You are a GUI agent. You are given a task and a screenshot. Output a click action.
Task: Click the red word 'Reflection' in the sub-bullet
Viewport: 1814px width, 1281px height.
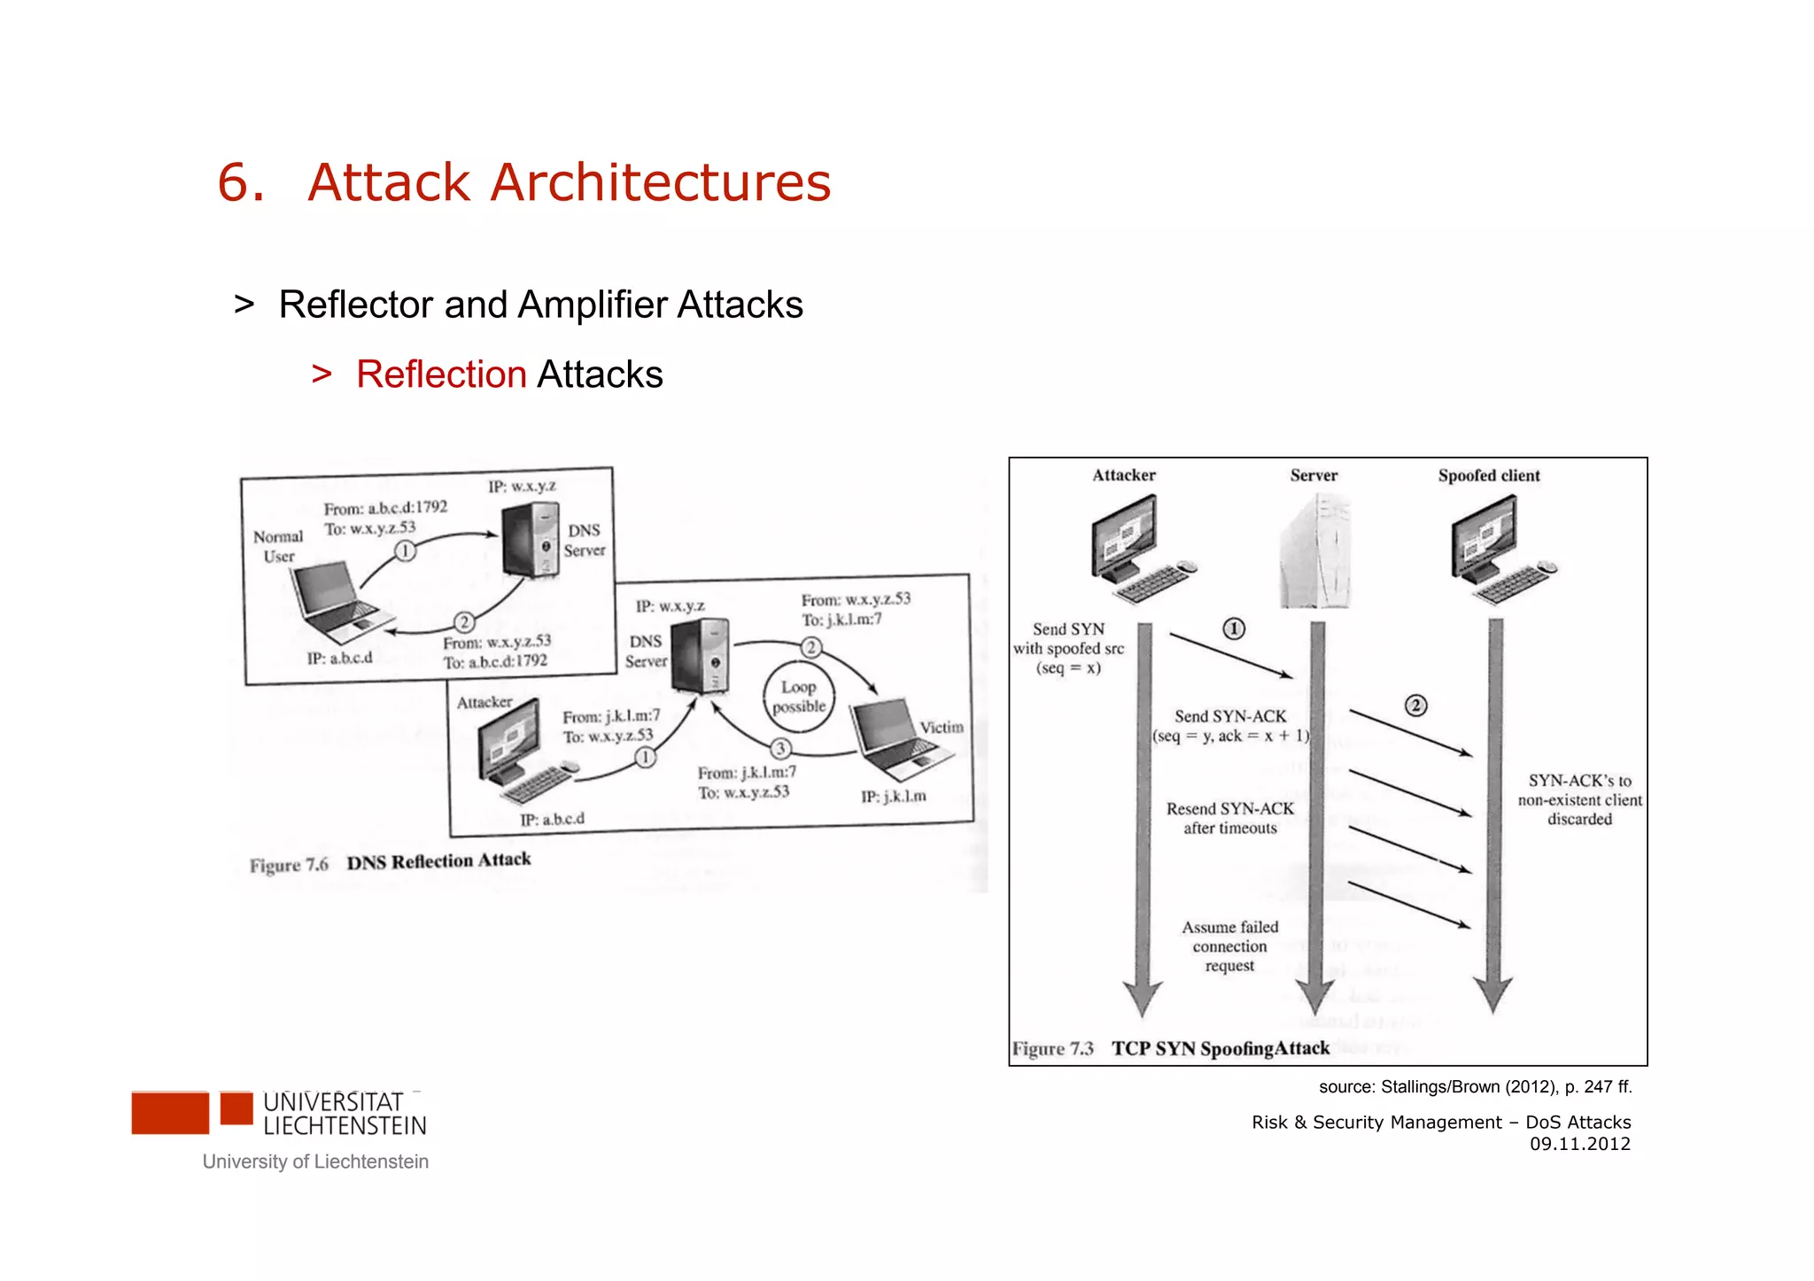[x=441, y=374]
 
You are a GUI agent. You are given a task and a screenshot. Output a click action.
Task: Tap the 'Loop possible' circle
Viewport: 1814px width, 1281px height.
[x=798, y=697]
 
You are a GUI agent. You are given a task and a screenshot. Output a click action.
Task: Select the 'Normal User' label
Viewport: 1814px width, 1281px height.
[x=278, y=546]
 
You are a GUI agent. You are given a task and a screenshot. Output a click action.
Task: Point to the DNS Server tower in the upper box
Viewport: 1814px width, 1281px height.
[x=531, y=540]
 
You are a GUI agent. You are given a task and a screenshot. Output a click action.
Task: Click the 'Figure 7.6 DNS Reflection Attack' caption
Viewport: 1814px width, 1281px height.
[x=390, y=862]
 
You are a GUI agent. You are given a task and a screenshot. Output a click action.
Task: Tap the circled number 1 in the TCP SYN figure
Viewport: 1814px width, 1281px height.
[x=1234, y=629]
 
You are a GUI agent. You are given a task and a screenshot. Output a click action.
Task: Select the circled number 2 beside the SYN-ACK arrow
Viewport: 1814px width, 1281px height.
[x=1416, y=706]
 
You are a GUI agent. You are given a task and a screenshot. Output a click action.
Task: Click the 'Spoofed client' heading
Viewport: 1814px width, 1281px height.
[x=1489, y=475]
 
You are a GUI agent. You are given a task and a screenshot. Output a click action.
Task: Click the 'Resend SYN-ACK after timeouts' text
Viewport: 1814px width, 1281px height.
[x=1229, y=818]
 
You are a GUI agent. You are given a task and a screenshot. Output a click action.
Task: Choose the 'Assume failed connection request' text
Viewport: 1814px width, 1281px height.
[x=1229, y=946]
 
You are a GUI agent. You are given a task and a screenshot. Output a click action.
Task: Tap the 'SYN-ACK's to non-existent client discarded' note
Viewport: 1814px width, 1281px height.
[x=1579, y=799]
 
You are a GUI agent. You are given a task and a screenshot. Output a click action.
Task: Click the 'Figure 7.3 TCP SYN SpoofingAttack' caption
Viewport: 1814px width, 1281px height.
[x=1171, y=1048]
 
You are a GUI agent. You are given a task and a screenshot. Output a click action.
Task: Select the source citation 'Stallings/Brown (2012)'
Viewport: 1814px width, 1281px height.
[x=1475, y=1086]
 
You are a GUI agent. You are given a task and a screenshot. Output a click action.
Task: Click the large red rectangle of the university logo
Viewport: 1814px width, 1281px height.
[x=170, y=1113]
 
